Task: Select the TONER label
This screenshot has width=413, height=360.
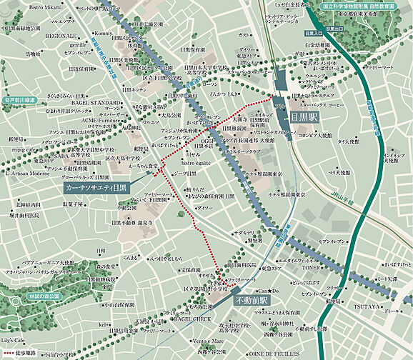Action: (312, 269)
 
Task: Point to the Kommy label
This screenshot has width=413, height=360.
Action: (104, 33)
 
